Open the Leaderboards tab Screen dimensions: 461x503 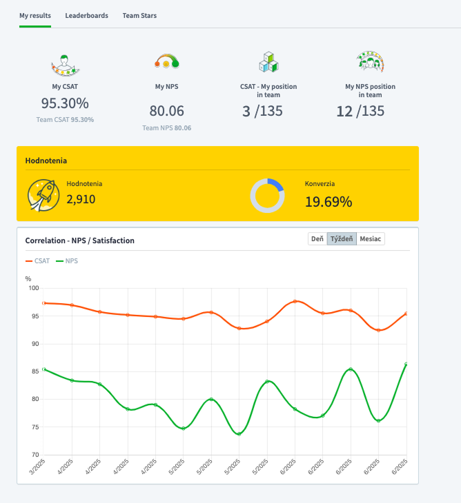(86, 15)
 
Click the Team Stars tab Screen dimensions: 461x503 (139, 15)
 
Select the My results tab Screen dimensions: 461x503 (35, 15)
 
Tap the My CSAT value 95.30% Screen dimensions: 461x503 (65, 103)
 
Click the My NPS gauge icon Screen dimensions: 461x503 (166, 61)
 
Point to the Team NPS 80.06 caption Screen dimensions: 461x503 (167, 127)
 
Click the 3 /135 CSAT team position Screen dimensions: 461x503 (262, 111)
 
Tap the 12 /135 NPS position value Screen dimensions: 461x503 (360, 111)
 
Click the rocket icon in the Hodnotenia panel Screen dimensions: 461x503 (43, 195)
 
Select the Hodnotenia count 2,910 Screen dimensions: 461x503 (81, 199)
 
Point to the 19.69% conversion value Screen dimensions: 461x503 (328, 202)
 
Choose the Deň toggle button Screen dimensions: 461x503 (317, 238)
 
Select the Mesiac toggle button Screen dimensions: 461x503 (371, 238)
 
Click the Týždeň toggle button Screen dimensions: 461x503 (342, 238)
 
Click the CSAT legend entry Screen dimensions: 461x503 (37, 261)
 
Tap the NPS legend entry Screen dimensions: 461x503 (67, 261)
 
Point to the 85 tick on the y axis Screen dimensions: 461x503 (35, 371)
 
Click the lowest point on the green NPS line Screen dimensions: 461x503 (239, 434)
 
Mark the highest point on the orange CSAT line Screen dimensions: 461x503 (295, 301)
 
